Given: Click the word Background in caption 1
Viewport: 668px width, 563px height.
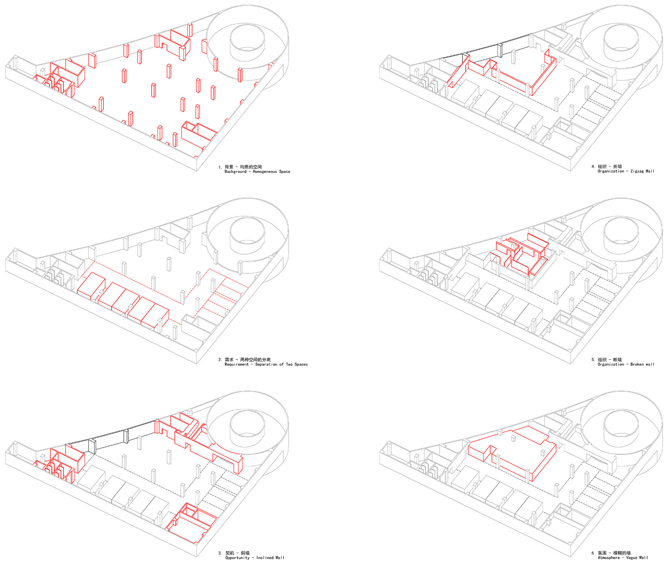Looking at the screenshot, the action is click(236, 172).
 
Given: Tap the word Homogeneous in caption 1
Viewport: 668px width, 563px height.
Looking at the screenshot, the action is click(265, 172).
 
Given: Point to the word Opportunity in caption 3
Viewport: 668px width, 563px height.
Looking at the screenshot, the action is click(237, 558).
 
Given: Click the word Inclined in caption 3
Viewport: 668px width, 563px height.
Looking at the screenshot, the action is click(265, 558).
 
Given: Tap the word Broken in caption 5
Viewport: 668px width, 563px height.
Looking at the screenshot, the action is click(637, 365).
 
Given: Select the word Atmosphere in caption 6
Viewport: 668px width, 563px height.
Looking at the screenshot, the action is click(609, 558).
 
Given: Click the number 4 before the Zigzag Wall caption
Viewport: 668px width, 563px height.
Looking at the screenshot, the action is click(593, 167).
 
